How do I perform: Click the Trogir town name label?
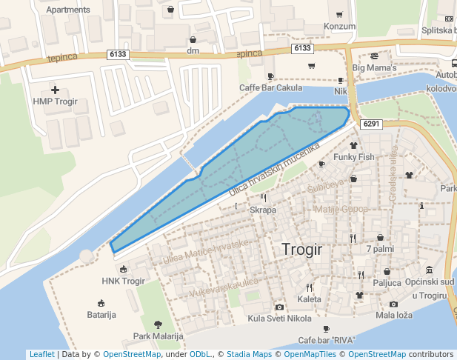click(x=302, y=250)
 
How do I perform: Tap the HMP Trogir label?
click(x=55, y=101)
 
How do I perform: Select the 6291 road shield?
click(x=371, y=124)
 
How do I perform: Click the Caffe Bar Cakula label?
click(x=270, y=88)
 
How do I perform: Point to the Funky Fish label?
click(x=354, y=157)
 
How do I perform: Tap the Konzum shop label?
click(x=340, y=27)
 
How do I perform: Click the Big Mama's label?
click(x=375, y=68)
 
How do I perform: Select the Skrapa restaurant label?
click(x=263, y=210)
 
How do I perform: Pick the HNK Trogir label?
click(x=123, y=281)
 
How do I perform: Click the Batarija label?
click(x=101, y=315)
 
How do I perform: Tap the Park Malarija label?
click(x=158, y=336)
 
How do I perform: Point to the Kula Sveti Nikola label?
click(x=279, y=319)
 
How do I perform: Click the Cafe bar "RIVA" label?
click(x=326, y=340)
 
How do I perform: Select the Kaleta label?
click(x=309, y=299)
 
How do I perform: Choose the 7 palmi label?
click(x=380, y=248)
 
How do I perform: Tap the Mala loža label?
click(x=393, y=315)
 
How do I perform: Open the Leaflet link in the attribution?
click(x=41, y=354)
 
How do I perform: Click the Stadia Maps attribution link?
click(x=249, y=354)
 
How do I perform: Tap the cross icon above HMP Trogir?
click(x=55, y=90)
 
